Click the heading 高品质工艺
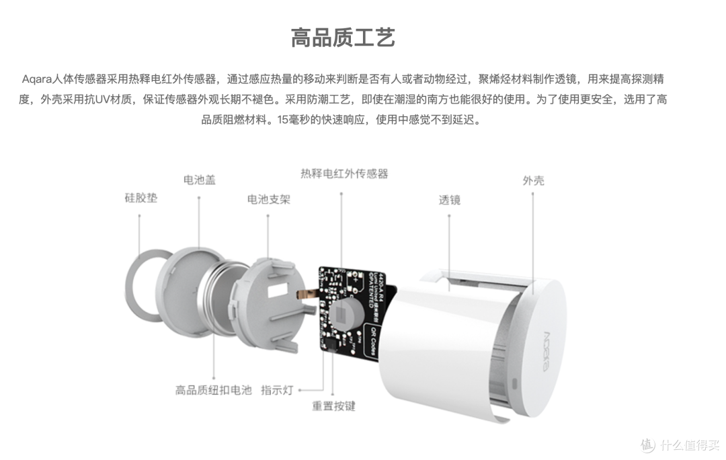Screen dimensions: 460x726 click(343, 37)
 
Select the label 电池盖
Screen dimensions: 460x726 click(200, 180)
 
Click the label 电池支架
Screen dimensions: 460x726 click(268, 199)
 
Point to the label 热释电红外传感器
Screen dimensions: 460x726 click(344, 174)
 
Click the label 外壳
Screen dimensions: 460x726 click(533, 180)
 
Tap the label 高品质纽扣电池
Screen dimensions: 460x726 click(213, 390)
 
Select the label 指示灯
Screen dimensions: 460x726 click(277, 390)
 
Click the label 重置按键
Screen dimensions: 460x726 click(333, 406)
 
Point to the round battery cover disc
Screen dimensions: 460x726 click(183, 295)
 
